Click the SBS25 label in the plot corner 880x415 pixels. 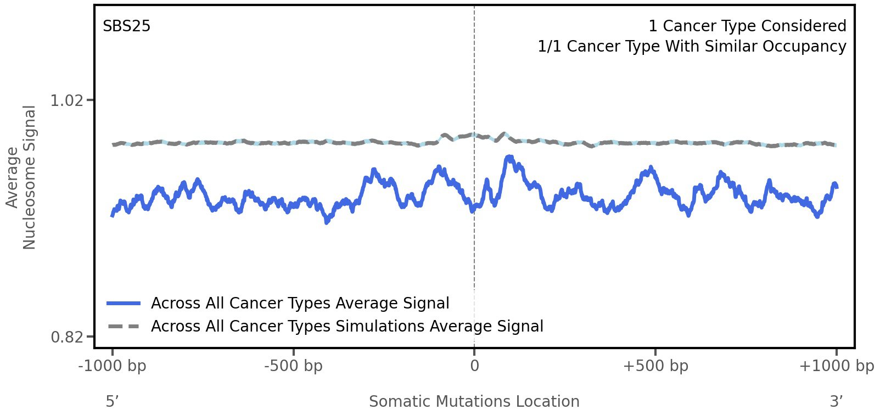pyautogui.click(x=126, y=26)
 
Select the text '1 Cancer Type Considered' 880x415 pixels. pyautogui.click(x=747, y=26)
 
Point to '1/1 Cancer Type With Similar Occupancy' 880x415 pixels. pyautogui.click(x=692, y=47)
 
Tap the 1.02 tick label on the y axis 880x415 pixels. pyautogui.click(x=66, y=100)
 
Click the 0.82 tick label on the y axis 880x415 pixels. pyautogui.click(x=66, y=337)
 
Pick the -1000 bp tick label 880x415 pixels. pyautogui.click(x=113, y=366)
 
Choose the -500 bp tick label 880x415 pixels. pyautogui.click(x=293, y=366)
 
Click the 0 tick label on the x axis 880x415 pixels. pyautogui.click(x=474, y=366)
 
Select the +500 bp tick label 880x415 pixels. pyautogui.click(x=655, y=366)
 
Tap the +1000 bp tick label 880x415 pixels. pyautogui.click(x=836, y=366)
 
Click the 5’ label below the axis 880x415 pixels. pyautogui.click(x=113, y=401)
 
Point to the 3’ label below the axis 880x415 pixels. pyautogui.click(x=836, y=401)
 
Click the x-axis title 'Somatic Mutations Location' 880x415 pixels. pyautogui.click(x=474, y=401)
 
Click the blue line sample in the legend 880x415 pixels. pyautogui.click(x=124, y=304)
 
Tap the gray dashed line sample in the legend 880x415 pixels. pyautogui.click(x=124, y=327)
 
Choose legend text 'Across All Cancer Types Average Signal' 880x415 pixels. pyautogui.click(x=300, y=304)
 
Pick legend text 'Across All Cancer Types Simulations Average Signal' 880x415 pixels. pyautogui.click(x=347, y=327)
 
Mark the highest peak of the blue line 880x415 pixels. pyautogui.click(x=509, y=157)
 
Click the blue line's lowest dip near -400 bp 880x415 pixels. pyautogui.click(x=327, y=222)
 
